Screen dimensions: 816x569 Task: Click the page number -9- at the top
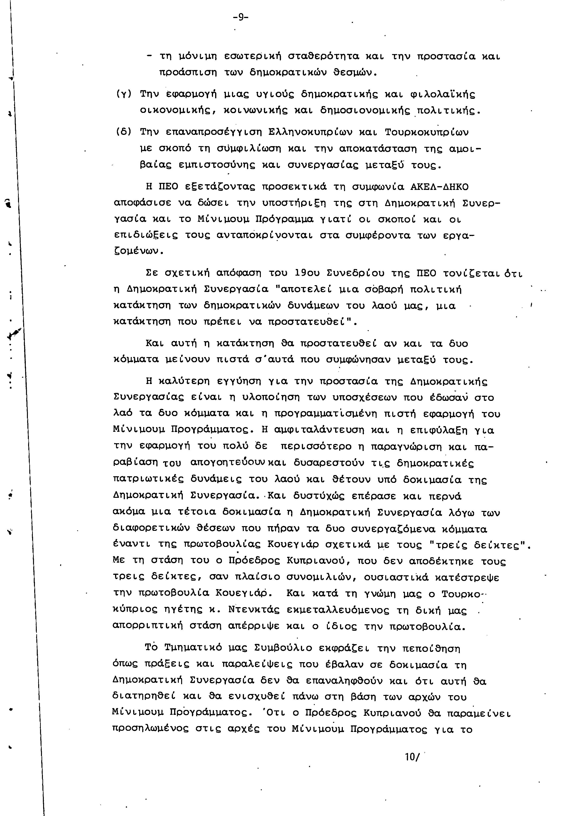(240, 17)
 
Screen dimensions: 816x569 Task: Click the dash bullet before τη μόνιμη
(150, 56)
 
